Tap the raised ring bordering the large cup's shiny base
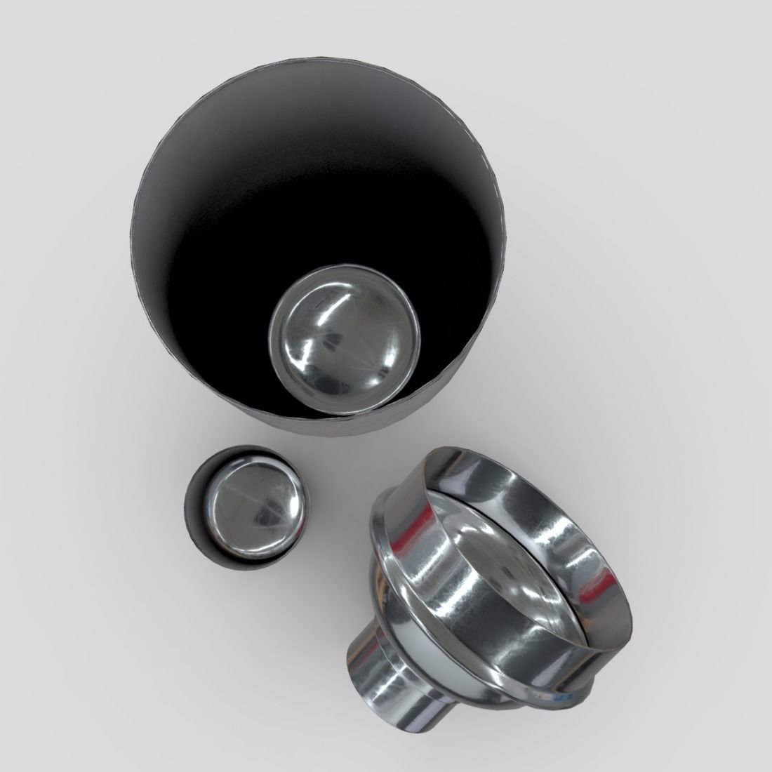[277, 365]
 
